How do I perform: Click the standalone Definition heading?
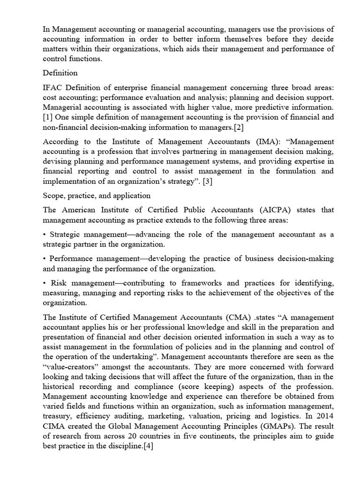coord(60,73)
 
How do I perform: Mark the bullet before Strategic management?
coord(45,234)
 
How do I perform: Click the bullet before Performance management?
coord(45,259)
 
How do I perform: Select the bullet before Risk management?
coord(45,283)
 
